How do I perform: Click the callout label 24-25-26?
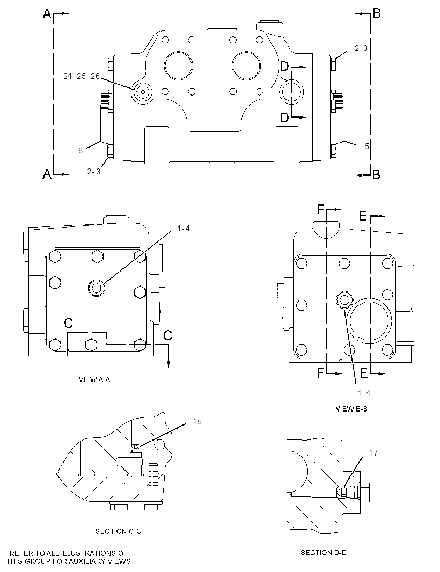pos(82,76)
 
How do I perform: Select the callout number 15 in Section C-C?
pos(197,422)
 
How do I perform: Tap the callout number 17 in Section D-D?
pos(373,453)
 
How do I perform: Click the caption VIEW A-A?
pos(94,379)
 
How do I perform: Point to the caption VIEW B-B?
pos(351,409)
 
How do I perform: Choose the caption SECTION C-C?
pos(118,531)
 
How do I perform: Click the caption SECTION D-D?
pos(324,552)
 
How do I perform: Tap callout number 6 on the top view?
pos(80,150)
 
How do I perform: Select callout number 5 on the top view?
pos(367,146)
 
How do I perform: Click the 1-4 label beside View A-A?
pos(184,229)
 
